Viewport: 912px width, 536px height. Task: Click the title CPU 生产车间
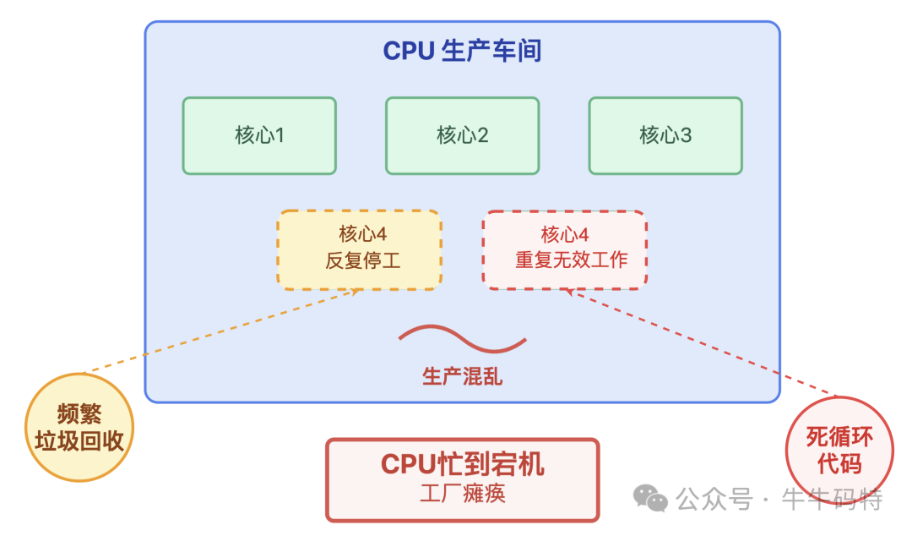coord(462,52)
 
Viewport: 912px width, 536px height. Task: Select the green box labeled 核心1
coord(259,135)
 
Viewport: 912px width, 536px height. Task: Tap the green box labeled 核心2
coord(462,135)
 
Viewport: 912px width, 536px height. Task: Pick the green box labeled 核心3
coord(665,135)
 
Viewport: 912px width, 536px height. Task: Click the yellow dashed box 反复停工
coord(359,250)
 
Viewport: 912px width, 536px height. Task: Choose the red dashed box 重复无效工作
coord(564,250)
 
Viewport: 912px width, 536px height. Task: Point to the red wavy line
coord(462,338)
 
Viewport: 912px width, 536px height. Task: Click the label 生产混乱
coord(462,376)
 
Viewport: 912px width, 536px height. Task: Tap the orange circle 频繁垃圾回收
coord(79,427)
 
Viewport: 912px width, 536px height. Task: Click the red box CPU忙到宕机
coord(462,479)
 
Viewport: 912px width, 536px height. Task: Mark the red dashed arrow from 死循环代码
coord(701,342)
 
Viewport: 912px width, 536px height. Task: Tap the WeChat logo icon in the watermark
coord(651,499)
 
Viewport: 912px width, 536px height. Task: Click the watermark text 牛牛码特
coord(833,500)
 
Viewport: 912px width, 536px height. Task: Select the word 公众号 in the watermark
coord(714,500)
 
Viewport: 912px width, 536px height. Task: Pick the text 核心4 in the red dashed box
coord(565,234)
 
